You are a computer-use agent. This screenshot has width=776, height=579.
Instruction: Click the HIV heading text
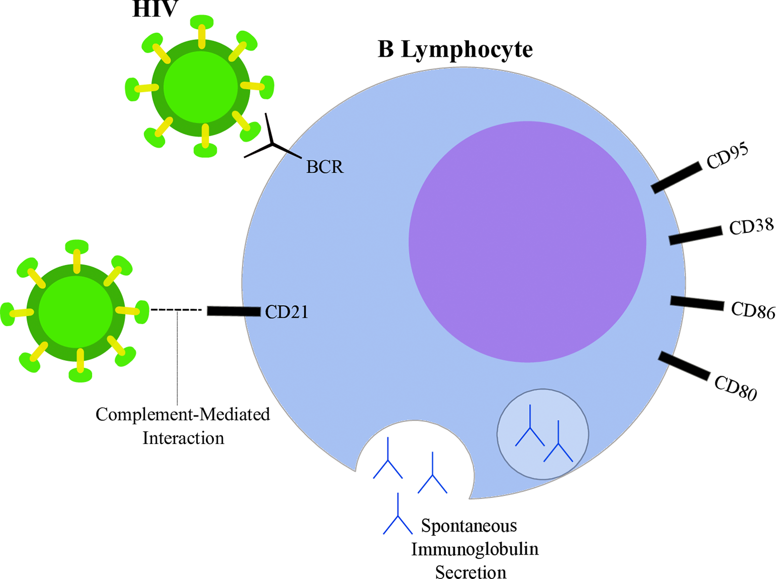tap(155, 9)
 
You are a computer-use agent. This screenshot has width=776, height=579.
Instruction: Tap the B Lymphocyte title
tap(455, 50)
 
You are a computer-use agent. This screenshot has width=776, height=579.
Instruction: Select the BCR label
tap(325, 167)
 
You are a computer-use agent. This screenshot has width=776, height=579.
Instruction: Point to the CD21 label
tap(287, 312)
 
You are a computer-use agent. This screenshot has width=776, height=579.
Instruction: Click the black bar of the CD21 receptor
tap(234, 311)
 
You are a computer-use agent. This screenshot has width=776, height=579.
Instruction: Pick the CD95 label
tap(727, 156)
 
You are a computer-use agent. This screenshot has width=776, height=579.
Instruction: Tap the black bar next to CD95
tap(676, 178)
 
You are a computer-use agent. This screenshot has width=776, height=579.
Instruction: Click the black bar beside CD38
tap(696, 236)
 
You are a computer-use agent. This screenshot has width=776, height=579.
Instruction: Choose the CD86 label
tap(753, 310)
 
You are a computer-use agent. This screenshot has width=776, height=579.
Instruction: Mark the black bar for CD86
tap(697, 303)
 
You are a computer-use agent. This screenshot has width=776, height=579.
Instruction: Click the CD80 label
tap(736, 388)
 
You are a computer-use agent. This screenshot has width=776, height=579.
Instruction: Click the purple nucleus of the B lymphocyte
tap(527, 242)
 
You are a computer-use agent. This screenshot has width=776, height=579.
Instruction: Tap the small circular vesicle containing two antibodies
tap(543, 434)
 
